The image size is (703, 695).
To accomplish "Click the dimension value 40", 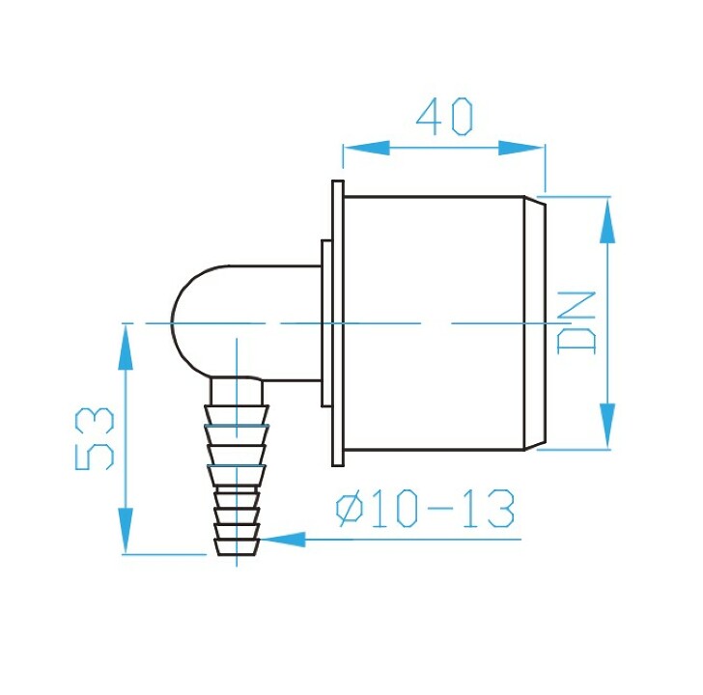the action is coord(444,116).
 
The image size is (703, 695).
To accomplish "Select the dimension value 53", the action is coord(95,438).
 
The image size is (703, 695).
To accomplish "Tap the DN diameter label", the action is coord(576,322).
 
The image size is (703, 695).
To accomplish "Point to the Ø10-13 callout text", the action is coord(425,509).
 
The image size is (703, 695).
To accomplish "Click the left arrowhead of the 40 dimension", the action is coord(366,148).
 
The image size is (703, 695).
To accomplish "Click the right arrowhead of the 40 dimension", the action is coord(521,148).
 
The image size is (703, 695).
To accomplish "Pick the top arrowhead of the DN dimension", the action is coord(607,220).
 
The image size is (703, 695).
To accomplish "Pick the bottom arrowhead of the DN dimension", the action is coord(607,426).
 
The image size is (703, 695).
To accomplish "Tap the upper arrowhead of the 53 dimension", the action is coord(126,347).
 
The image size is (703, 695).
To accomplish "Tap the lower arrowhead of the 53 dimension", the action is coord(126,531).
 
